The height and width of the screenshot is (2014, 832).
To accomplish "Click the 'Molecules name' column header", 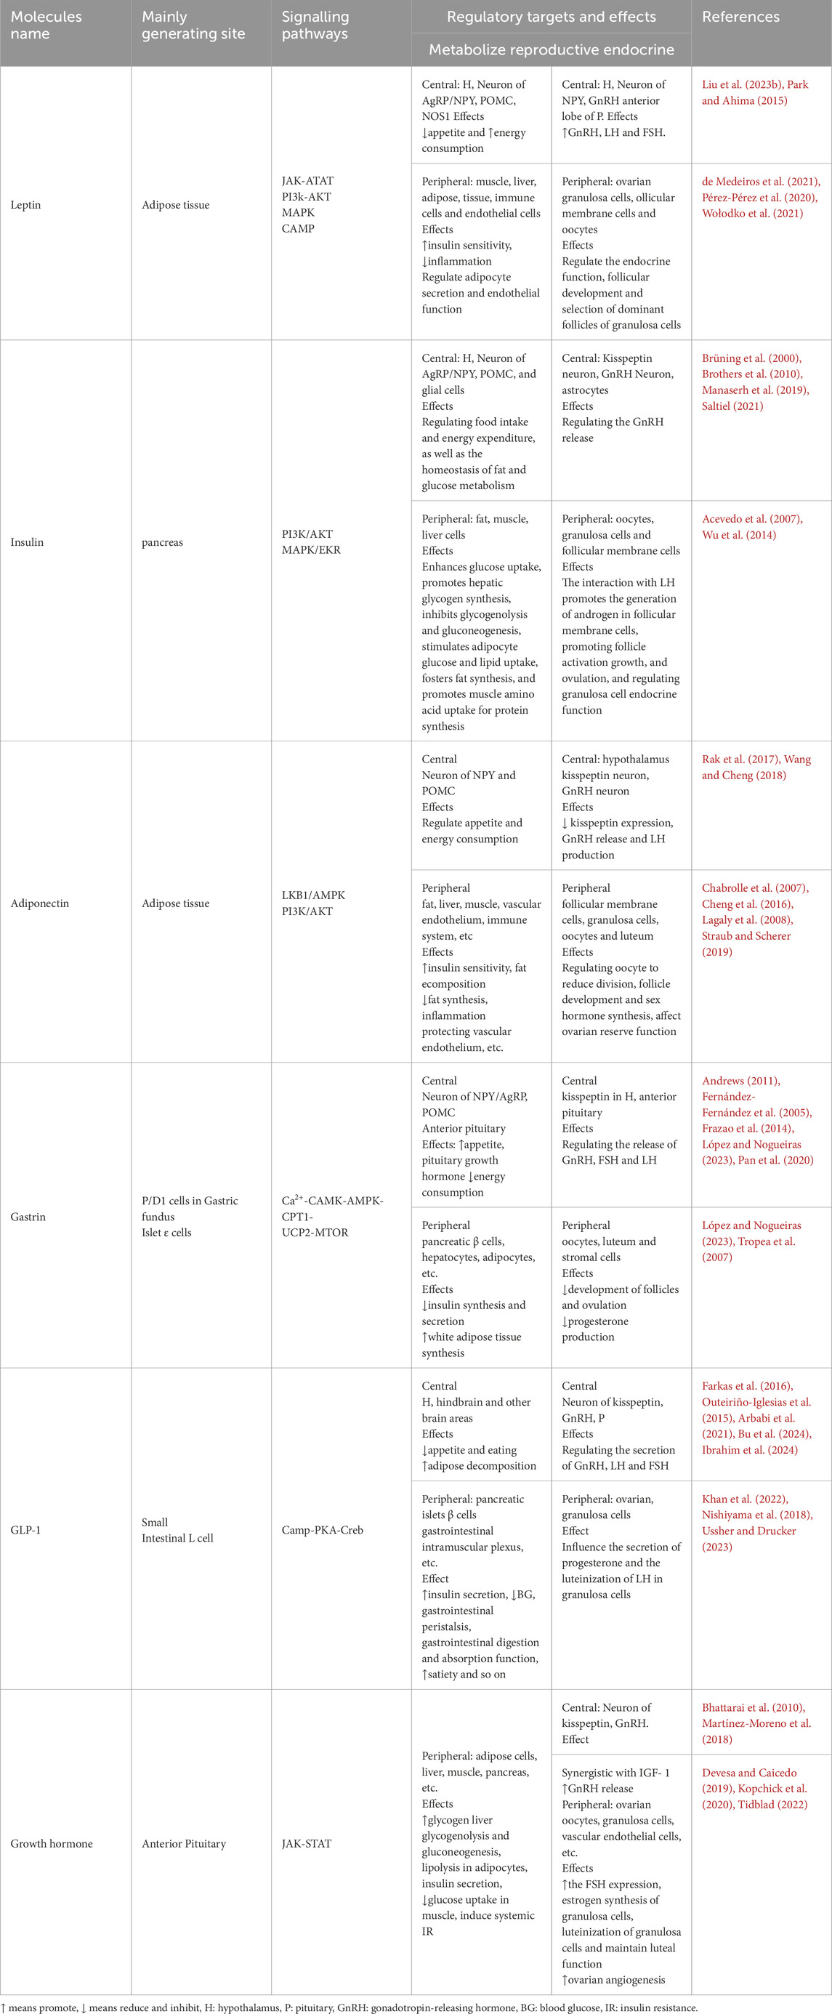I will pos(46,25).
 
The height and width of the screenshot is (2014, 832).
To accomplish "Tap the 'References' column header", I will pos(740,17).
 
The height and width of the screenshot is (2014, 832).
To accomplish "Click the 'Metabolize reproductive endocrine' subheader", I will pos(552,49).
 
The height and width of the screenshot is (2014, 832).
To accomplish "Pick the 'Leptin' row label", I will pos(26,205).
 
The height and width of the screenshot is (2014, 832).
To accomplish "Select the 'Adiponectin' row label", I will pos(40,903).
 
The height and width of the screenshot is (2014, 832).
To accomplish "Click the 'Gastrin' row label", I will pos(28,1217).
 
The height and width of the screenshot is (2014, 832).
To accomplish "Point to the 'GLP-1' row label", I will pos(26,1530).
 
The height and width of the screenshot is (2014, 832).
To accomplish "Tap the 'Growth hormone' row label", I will pos(52,1843).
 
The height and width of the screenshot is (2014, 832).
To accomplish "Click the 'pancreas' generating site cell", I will pos(163,541).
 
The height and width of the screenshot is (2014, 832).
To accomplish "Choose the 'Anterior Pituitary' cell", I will pos(184,1843).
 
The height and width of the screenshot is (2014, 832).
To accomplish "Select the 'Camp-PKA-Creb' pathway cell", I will pos(322,1530).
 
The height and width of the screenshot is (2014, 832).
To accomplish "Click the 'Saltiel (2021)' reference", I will pos(732,406).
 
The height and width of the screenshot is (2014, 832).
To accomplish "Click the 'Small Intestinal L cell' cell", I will pos(177,1530).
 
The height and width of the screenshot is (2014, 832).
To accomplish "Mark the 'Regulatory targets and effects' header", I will pos(552,17).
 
